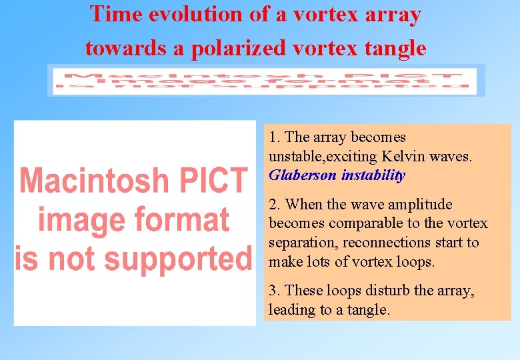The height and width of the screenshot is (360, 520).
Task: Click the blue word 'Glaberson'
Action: [x=303, y=175]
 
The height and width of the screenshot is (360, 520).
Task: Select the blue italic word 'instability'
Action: [x=373, y=175]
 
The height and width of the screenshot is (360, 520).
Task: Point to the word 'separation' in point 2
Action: [x=297, y=243]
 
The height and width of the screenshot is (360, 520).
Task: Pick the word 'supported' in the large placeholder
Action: [x=178, y=259]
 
